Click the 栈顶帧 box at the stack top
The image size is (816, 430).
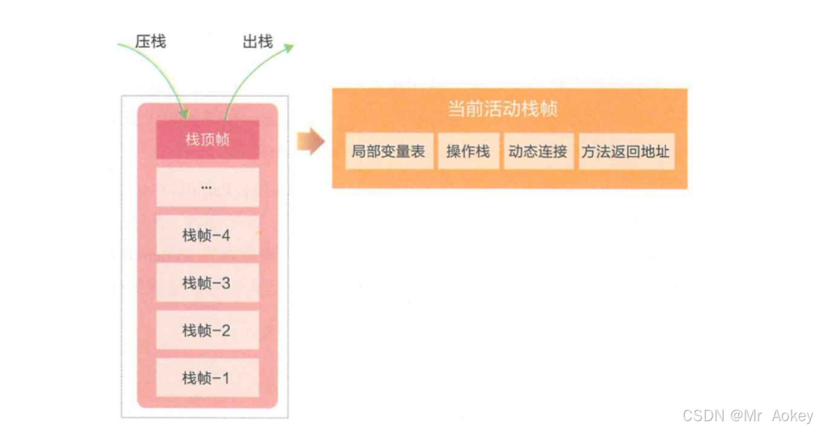tap(207, 139)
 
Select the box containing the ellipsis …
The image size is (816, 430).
tap(207, 187)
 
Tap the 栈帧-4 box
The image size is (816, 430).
tap(207, 236)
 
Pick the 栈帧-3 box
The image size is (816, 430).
tap(207, 283)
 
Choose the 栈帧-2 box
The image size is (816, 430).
tap(207, 331)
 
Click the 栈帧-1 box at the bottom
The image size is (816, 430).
tap(207, 379)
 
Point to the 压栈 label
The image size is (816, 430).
tap(150, 41)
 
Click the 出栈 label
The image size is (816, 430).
tap(258, 42)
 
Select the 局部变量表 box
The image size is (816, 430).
tap(389, 152)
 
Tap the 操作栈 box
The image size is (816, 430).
tap(468, 152)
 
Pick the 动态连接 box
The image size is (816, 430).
tap(538, 152)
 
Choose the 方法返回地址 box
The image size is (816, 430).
tap(626, 152)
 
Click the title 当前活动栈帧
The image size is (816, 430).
tap(503, 109)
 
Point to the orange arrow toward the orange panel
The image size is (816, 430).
tap(310, 141)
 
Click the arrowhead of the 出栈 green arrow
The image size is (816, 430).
tap(289, 48)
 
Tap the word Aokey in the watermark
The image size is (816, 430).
tap(792, 415)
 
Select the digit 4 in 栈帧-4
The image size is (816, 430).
tap(225, 236)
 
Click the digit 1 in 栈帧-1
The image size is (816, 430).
tap(225, 379)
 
